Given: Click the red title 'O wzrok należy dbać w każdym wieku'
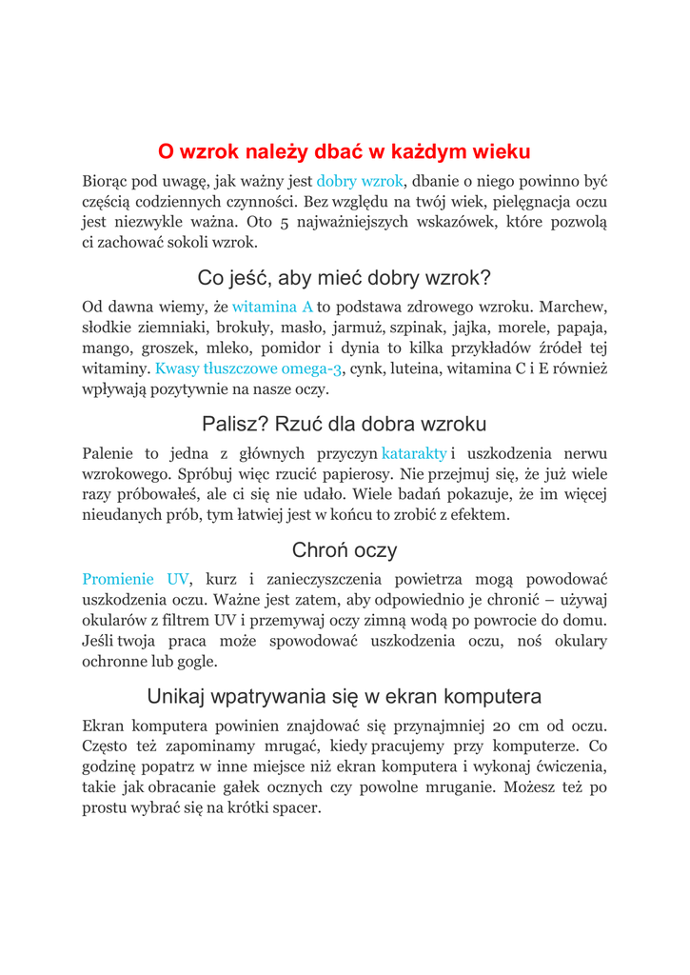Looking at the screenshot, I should (x=345, y=151).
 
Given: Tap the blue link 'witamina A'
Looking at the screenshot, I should (x=273, y=307).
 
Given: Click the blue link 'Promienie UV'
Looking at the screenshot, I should (x=136, y=579).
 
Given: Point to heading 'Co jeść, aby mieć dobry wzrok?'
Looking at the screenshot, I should (x=345, y=278).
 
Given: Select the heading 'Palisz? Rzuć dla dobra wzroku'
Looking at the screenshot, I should (x=345, y=424).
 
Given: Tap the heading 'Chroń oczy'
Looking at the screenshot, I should (x=345, y=549).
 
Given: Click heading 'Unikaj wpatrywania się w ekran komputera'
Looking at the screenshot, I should (x=345, y=695).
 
